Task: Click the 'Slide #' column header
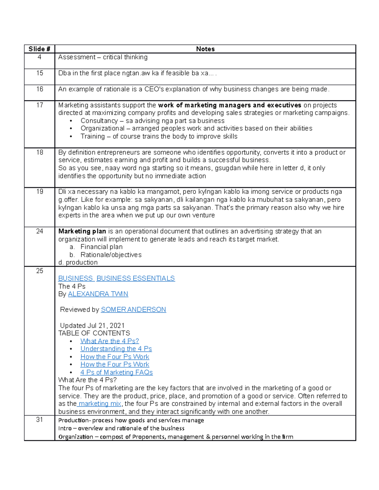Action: click(x=39, y=49)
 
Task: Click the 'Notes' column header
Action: click(x=205, y=49)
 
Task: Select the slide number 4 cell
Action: click(x=39, y=57)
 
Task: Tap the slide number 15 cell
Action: click(x=39, y=73)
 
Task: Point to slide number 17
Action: click(x=39, y=105)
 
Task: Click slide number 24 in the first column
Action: click(x=39, y=231)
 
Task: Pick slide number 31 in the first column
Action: click(x=39, y=420)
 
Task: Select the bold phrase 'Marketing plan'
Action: click(x=82, y=231)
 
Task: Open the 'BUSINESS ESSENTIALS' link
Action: click(x=135, y=278)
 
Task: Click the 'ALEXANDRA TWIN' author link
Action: click(x=98, y=294)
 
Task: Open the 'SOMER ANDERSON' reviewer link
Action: click(x=133, y=310)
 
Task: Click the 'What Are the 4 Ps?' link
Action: click(x=110, y=341)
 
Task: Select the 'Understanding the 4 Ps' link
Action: click(x=116, y=349)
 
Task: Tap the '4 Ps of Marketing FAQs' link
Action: click(x=116, y=372)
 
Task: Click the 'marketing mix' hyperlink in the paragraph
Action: click(x=99, y=404)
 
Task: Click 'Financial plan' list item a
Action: click(x=101, y=247)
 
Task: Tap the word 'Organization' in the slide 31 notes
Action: click(x=76, y=437)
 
